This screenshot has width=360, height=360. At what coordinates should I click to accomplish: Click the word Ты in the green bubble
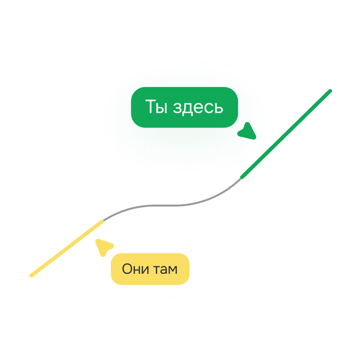156,107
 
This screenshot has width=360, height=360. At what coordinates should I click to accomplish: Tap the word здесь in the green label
198,108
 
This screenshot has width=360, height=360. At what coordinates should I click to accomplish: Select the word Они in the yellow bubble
135,269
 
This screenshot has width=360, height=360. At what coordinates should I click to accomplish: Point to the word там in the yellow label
165,270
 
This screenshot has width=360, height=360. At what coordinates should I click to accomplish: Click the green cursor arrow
247,132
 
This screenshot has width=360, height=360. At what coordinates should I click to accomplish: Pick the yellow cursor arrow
104,247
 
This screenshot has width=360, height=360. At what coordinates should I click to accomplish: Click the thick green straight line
286,134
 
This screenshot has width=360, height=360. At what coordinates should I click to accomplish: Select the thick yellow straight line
67,249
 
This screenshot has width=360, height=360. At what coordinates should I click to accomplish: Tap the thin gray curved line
172,205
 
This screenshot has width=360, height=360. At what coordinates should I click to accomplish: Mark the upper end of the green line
330,91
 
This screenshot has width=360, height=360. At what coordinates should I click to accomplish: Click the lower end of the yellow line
31,276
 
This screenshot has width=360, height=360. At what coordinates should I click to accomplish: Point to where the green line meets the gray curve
242,178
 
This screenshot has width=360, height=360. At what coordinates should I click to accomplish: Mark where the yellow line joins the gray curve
102,221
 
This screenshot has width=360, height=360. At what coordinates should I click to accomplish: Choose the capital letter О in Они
127,269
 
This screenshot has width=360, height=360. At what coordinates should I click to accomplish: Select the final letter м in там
172,270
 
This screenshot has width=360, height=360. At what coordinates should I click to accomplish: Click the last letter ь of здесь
219,108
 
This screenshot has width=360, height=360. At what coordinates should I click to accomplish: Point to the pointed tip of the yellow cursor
97,240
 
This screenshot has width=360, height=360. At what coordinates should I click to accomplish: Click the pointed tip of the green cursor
254,138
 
